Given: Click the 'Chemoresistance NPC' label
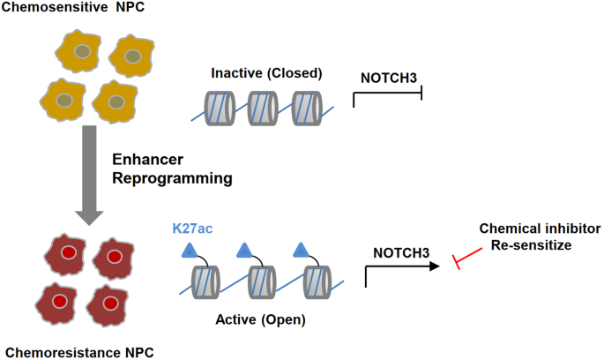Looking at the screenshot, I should [x=71, y=351].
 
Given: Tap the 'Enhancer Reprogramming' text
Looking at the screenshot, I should [x=172, y=169].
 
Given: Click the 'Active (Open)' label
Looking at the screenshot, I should [x=264, y=319].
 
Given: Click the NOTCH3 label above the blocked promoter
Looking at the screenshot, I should [x=389, y=78].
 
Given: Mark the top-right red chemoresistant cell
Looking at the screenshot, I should [x=113, y=257].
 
